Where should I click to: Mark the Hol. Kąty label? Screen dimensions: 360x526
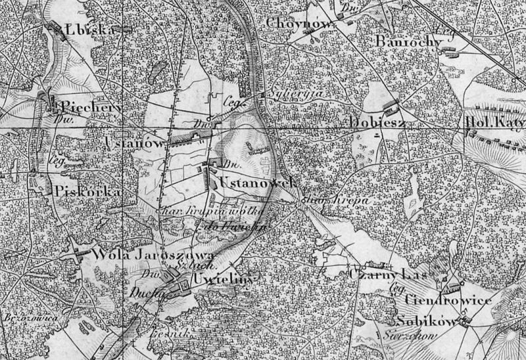[x=494, y=122]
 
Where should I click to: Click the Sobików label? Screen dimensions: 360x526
[x=427, y=321]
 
